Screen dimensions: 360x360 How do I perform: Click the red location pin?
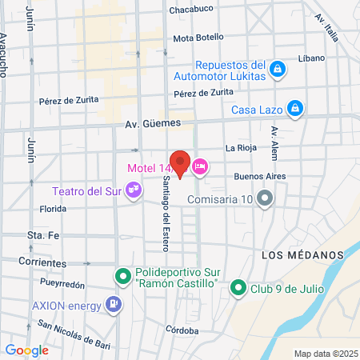(x=180, y=163)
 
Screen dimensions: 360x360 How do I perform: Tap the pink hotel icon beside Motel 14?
(x=199, y=166)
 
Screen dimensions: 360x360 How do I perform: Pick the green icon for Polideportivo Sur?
(x=122, y=277)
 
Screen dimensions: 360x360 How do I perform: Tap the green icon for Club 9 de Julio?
(x=238, y=287)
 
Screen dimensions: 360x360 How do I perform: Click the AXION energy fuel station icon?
(x=115, y=305)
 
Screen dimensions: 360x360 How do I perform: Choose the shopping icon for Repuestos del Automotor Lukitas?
(x=277, y=70)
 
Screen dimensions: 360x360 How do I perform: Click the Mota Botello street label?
(x=198, y=38)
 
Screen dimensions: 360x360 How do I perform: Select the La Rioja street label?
(x=240, y=148)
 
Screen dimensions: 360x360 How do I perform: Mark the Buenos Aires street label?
(x=260, y=177)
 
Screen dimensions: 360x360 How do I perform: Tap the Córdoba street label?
(x=182, y=330)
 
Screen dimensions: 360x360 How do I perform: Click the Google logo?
(x=26, y=350)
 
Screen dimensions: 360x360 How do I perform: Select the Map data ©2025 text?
(x=324, y=354)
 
